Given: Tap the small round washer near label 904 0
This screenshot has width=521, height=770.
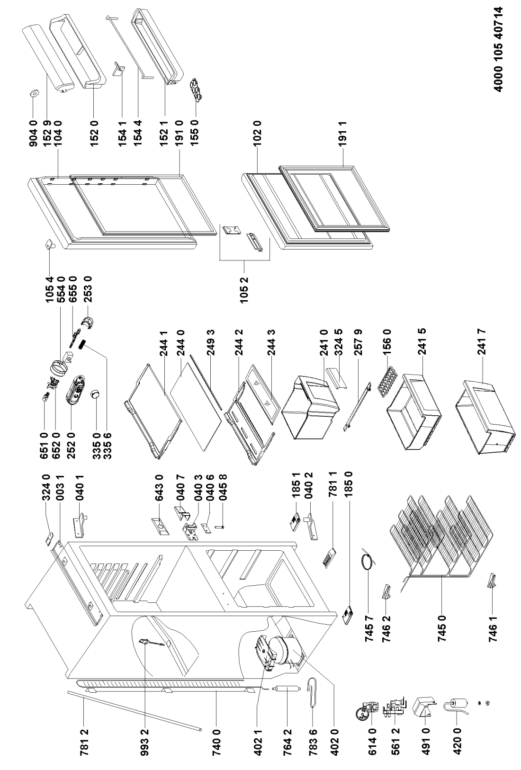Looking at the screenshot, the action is (x=34, y=93).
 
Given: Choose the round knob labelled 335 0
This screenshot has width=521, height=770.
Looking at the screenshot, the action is (x=95, y=394).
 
